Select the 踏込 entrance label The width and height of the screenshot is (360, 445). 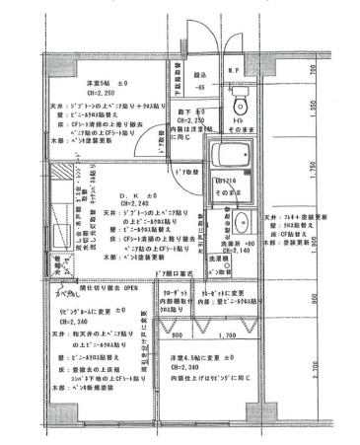[x=200, y=74]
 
